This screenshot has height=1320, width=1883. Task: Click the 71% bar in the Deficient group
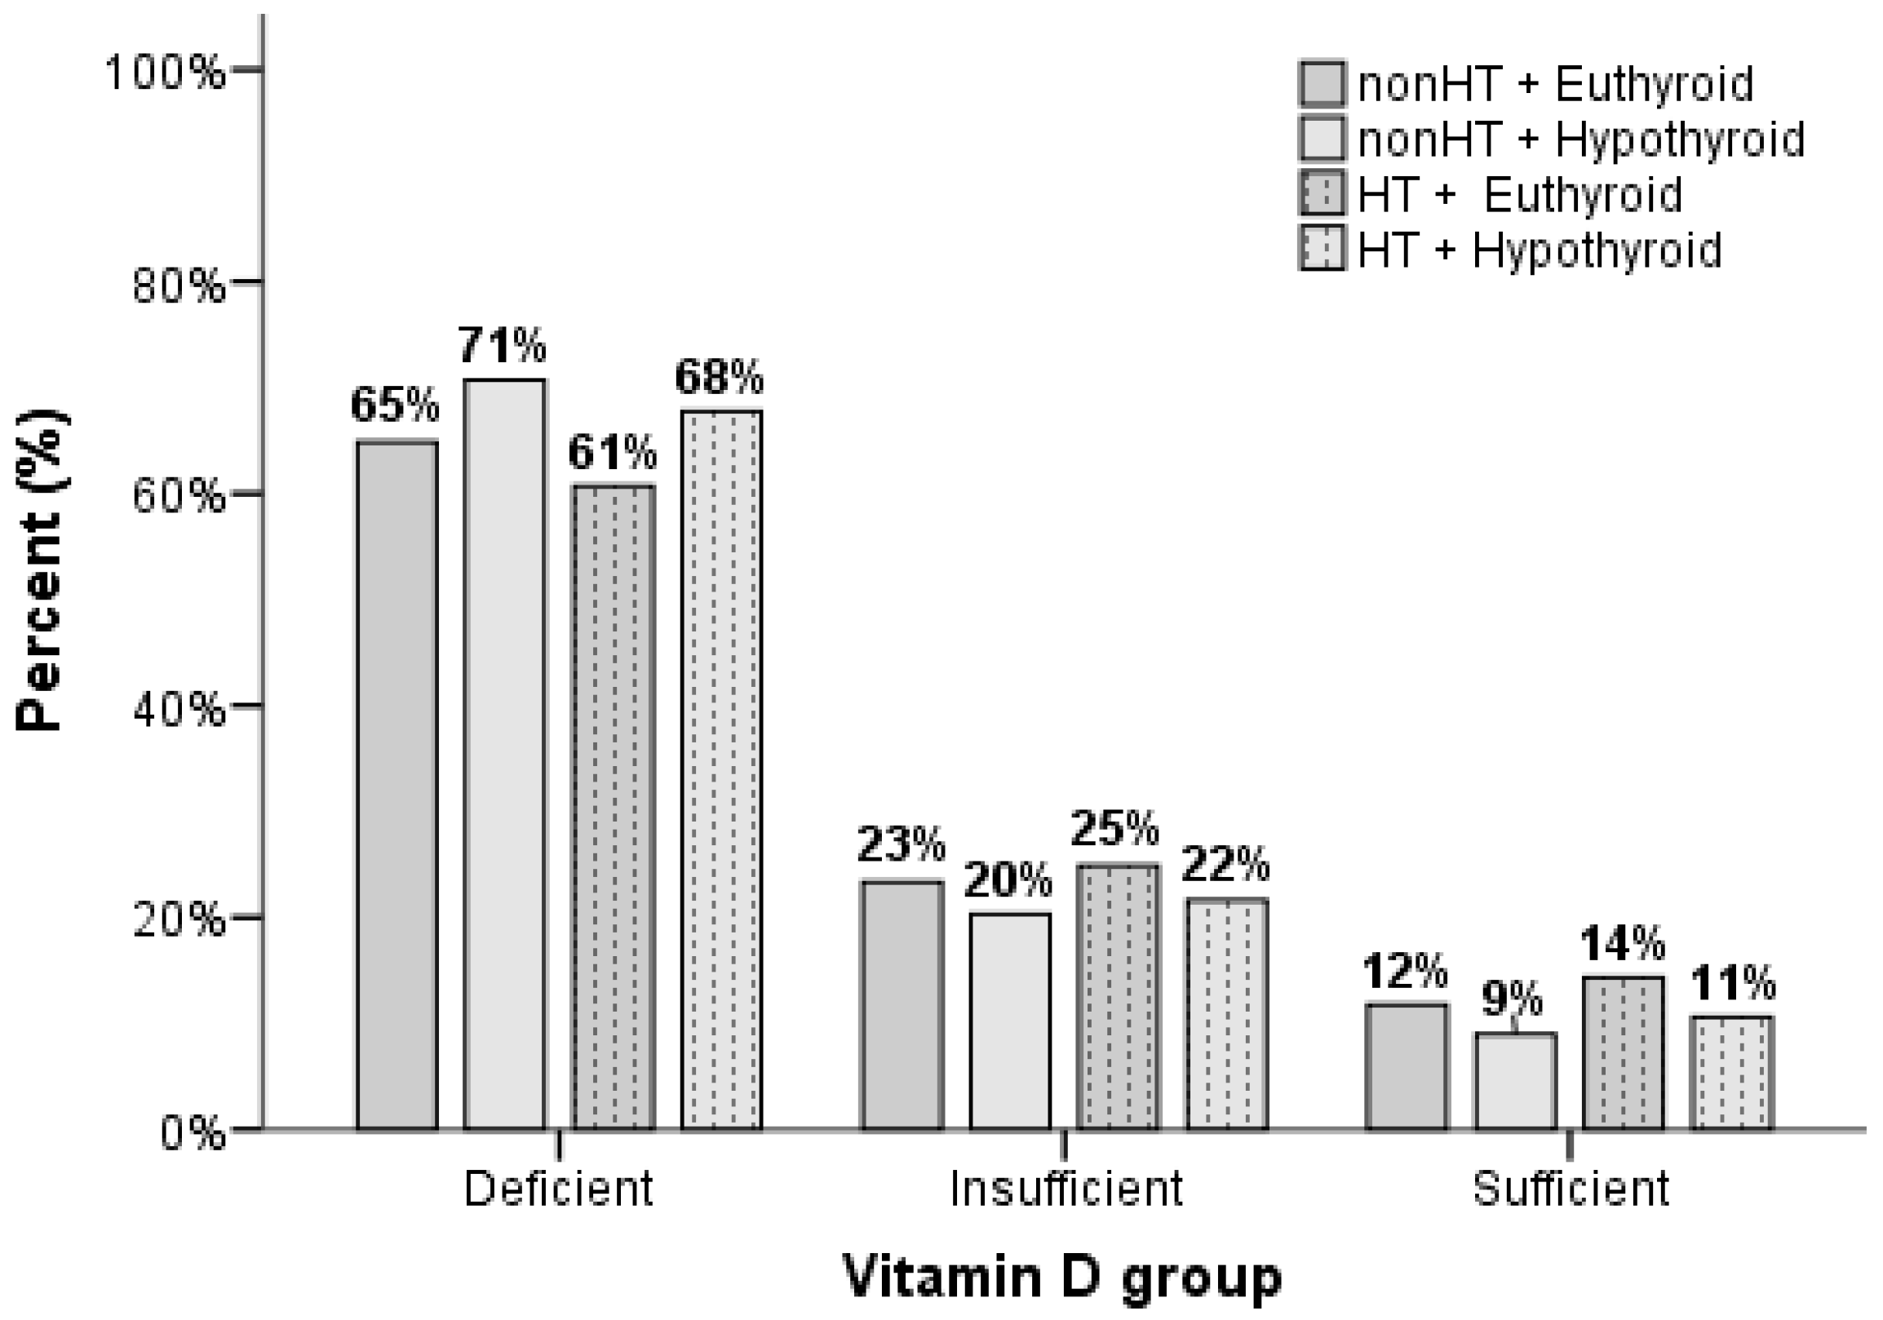click(x=503, y=755)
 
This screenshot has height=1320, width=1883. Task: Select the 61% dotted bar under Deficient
click(x=613, y=808)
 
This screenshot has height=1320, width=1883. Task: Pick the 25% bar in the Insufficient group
click(x=1118, y=996)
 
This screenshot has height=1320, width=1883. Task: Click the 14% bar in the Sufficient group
click(x=1622, y=1052)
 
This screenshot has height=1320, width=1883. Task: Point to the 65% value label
click(x=395, y=405)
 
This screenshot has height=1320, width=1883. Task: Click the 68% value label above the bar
click(x=719, y=377)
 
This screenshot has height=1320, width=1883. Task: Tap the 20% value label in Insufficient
click(x=1008, y=880)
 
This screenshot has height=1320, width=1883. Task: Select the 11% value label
click(x=1732, y=983)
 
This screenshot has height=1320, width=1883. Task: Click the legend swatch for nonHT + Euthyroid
click(x=1321, y=84)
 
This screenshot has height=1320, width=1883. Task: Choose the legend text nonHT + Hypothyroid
click(x=1580, y=140)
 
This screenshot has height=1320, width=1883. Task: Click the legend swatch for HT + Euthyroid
click(x=1321, y=194)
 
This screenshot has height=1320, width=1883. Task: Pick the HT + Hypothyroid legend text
click(x=1539, y=250)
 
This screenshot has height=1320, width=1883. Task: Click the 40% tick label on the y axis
click(x=178, y=709)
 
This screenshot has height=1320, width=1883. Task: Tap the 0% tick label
click(x=192, y=1134)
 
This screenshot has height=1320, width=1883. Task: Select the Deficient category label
click(x=559, y=1188)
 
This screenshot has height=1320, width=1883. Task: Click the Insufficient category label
click(x=1066, y=1188)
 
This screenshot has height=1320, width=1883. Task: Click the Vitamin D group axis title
click(x=1061, y=1277)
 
